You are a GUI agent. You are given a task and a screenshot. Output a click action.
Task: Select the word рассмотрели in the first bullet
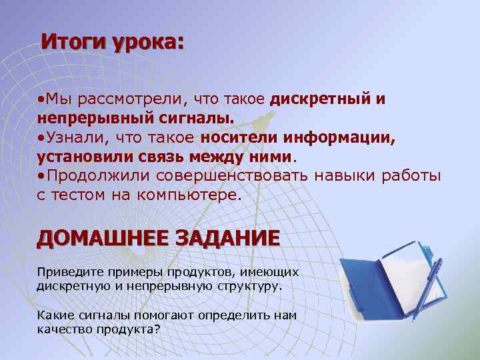point(133,100)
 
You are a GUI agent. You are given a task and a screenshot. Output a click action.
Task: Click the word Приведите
point(61,272)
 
